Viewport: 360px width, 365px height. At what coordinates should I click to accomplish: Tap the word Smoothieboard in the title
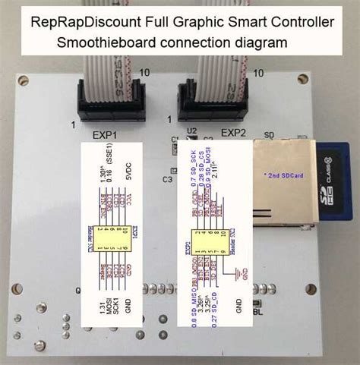(x=112, y=42)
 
